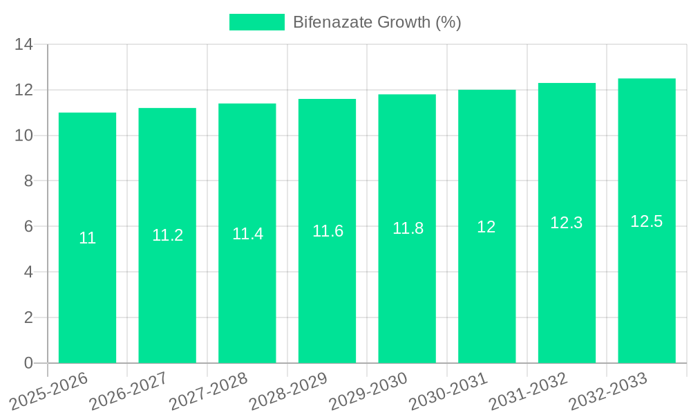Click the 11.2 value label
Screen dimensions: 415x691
(x=167, y=235)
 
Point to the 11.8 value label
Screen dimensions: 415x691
(x=408, y=228)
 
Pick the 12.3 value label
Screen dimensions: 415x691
(x=567, y=223)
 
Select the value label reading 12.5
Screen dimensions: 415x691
(x=647, y=221)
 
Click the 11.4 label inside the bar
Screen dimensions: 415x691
(x=247, y=234)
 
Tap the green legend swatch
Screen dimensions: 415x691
(x=256, y=22)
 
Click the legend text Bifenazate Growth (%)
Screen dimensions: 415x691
(x=377, y=22)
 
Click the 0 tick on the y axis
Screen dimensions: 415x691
(x=28, y=363)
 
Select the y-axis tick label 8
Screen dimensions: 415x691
(x=28, y=181)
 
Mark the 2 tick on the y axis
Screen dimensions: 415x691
(x=28, y=317)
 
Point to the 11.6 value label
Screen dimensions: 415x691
(x=328, y=231)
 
